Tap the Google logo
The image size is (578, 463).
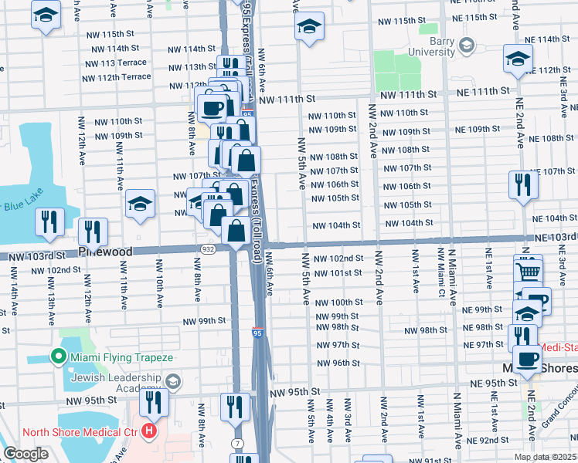[25, 454]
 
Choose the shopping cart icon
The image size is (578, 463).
[528, 271]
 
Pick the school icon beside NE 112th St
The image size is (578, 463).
[518, 58]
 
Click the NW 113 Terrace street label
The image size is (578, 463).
[114, 63]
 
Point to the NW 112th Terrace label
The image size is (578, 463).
[114, 77]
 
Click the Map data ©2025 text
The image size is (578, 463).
[544, 457]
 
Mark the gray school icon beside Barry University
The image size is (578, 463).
[465, 46]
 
